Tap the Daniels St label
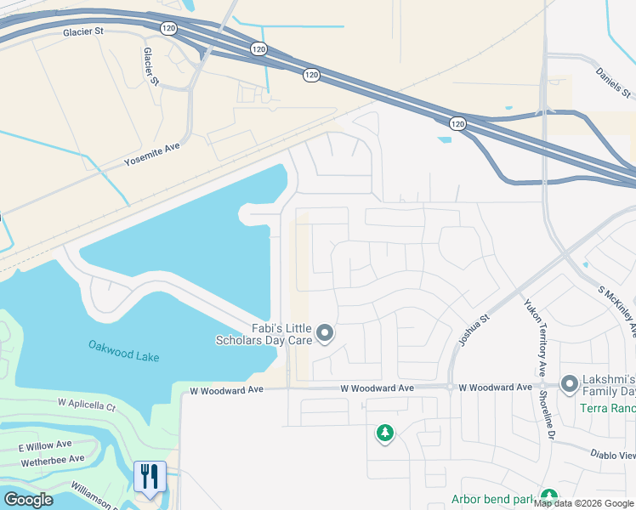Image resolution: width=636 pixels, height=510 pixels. pos(613,82)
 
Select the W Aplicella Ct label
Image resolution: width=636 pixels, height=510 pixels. pos(87,405)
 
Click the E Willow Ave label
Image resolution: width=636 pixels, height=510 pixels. pos(45,445)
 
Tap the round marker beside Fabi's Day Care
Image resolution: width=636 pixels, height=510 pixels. pos(324,334)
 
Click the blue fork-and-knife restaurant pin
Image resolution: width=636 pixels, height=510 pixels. pos(150,476)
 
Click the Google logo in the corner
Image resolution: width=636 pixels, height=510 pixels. pos(28,500)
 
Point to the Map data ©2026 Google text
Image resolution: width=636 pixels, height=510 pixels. pos(584,503)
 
